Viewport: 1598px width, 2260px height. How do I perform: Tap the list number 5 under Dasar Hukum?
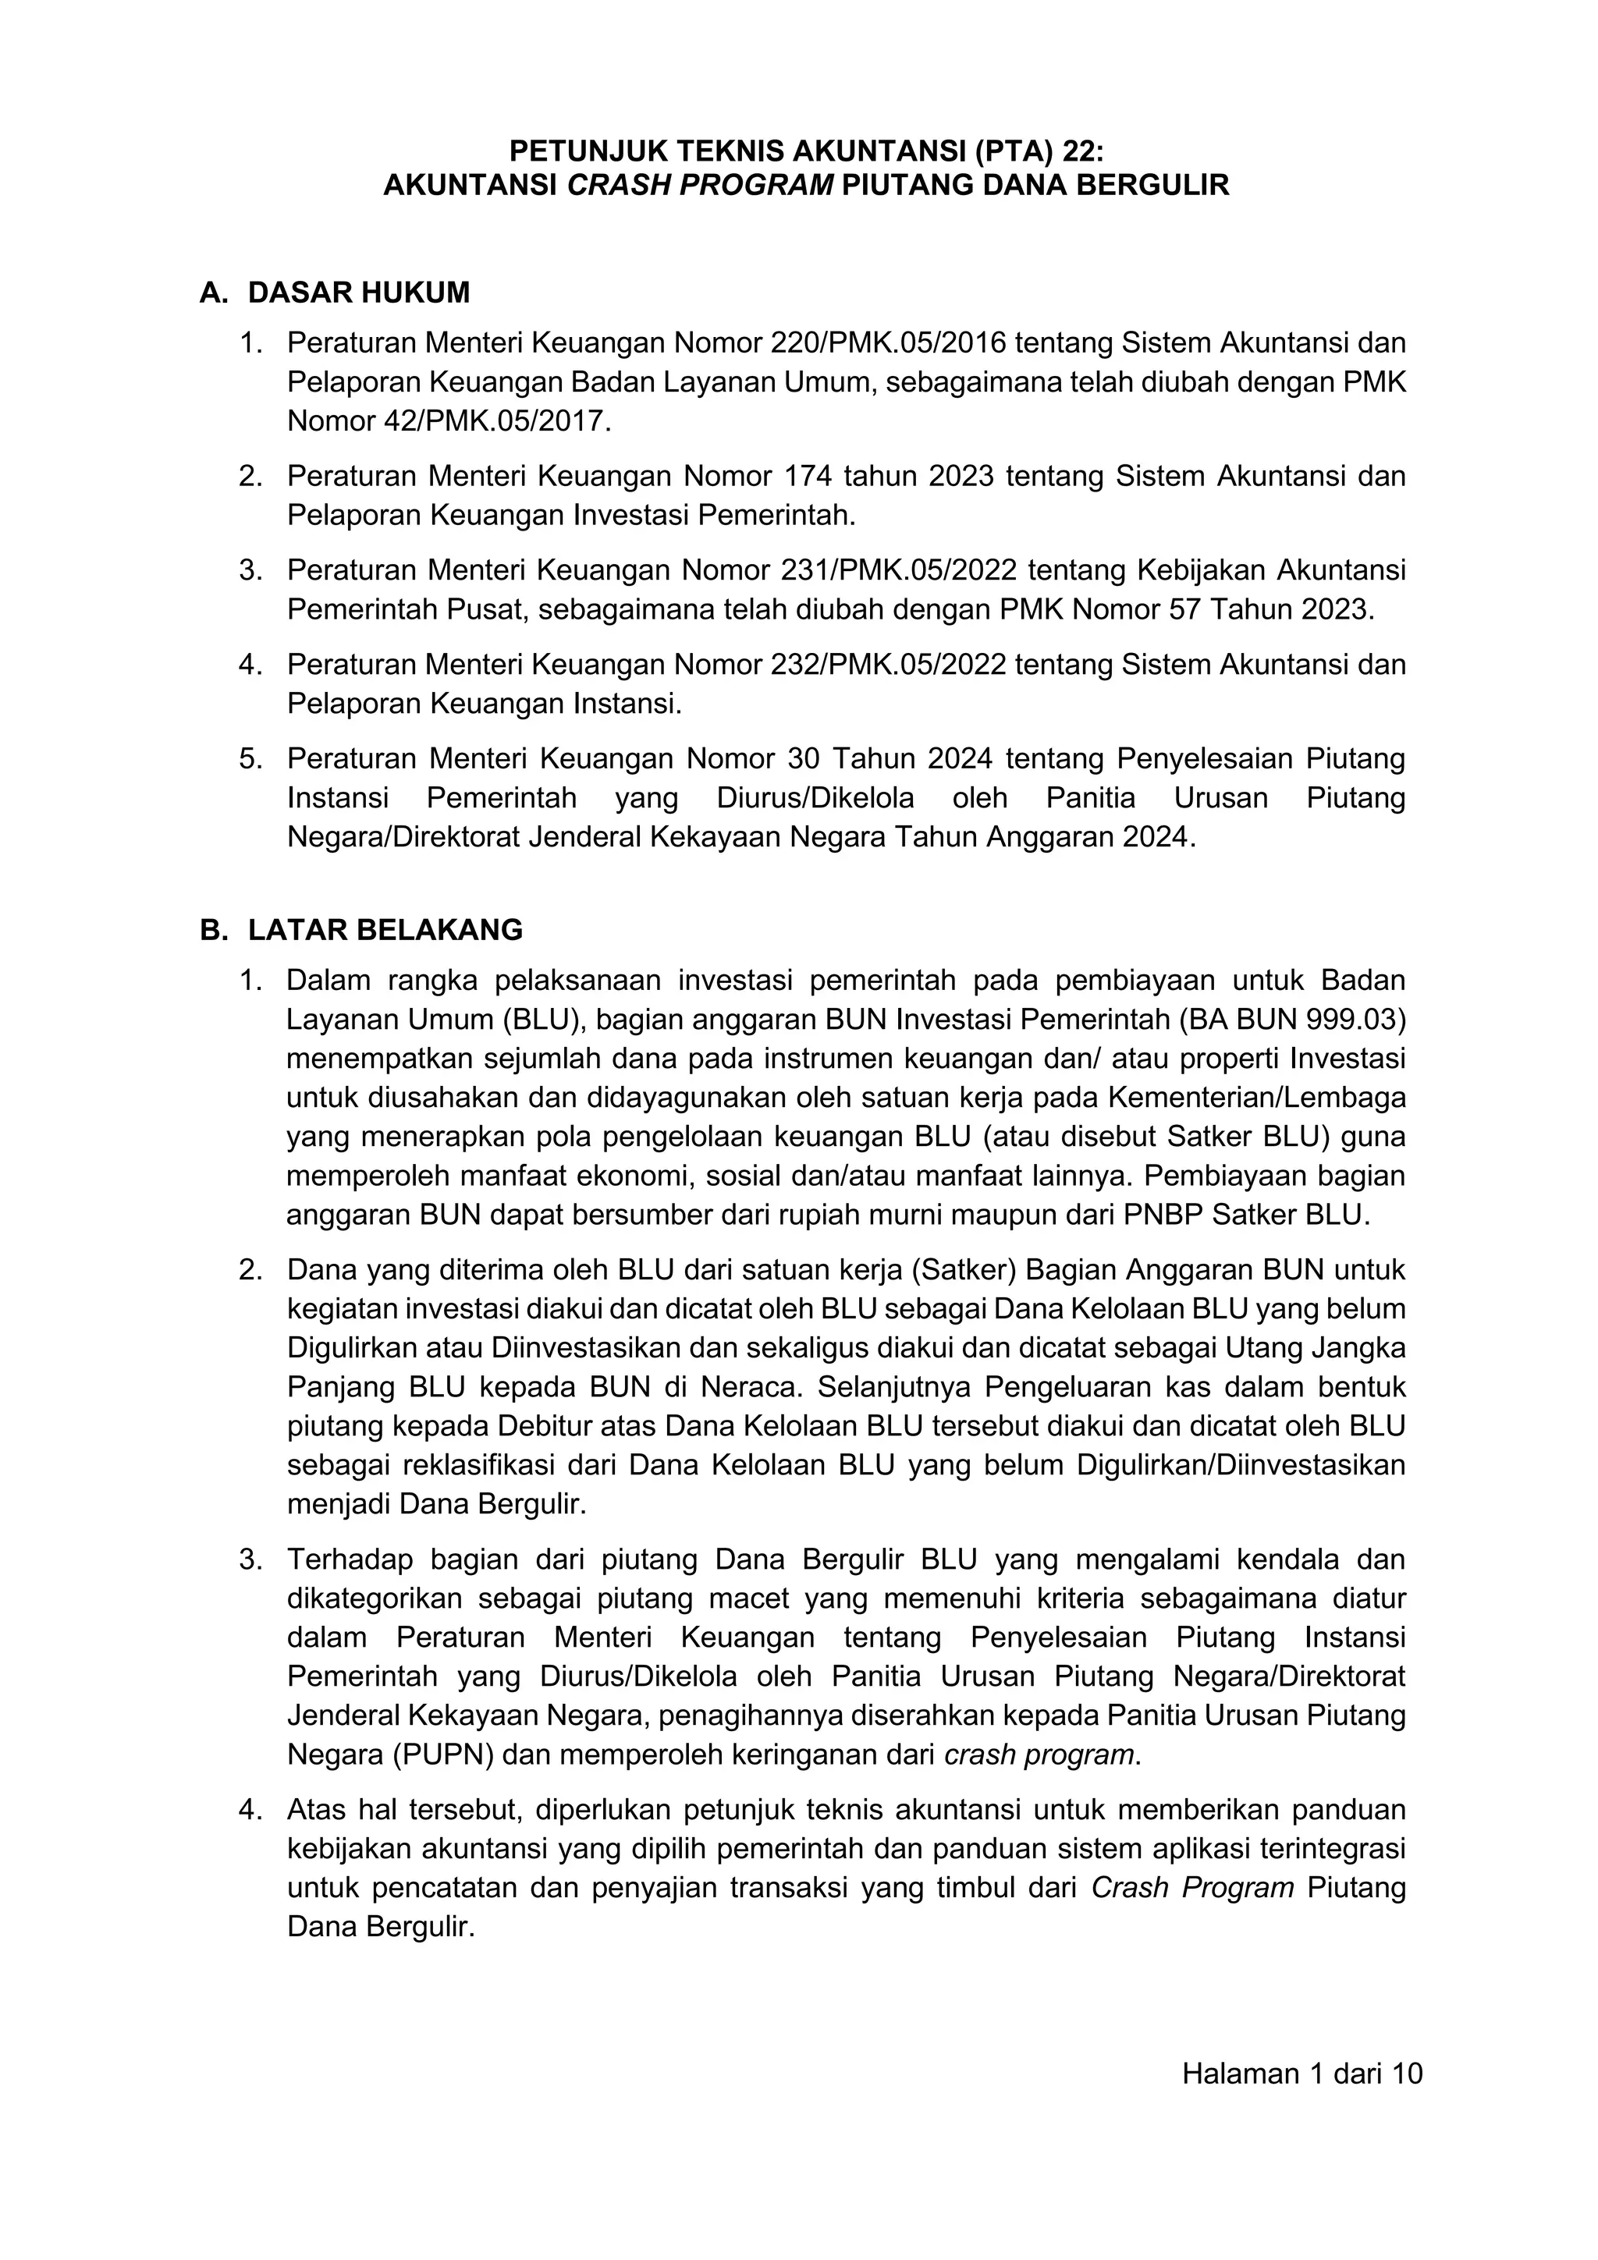coord(249,759)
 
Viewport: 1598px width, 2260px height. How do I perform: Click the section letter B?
coord(213,930)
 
